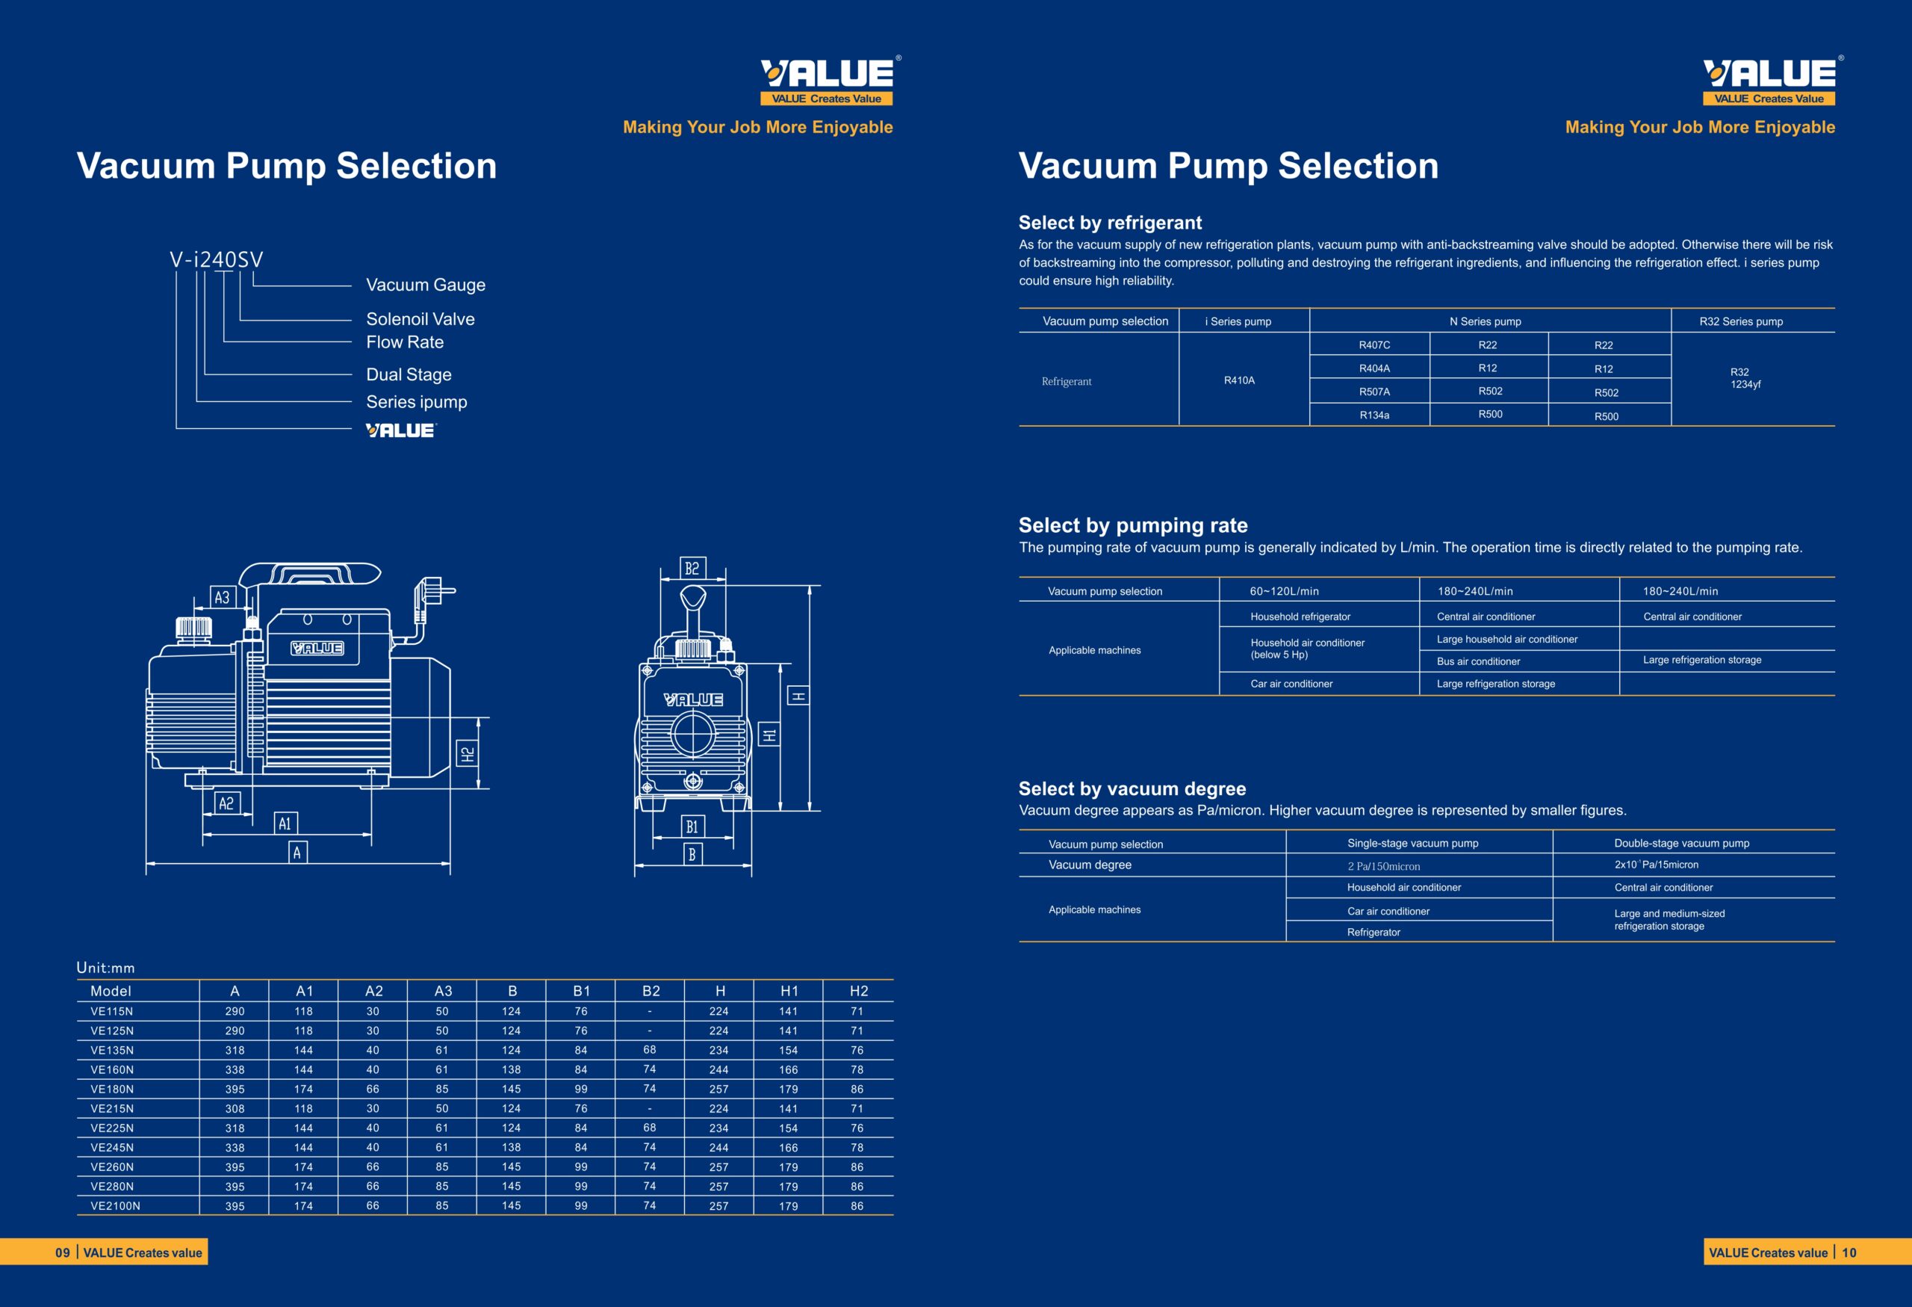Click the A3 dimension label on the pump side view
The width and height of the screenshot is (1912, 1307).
(x=222, y=598)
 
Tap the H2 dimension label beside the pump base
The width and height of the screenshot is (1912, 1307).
(x=468, y=753)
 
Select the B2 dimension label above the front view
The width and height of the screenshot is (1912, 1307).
(x=692, y=568)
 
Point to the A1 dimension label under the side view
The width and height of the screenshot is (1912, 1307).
(x=285, y=824)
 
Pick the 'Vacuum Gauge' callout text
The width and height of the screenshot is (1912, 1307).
(x=426, y=285)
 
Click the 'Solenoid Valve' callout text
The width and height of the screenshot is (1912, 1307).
(x=420, y=319)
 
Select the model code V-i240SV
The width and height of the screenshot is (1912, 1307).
(x=217, y=260)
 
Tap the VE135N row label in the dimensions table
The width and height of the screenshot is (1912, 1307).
(x=112, y=1050)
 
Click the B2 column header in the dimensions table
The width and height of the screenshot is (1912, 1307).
(x=651, y=991)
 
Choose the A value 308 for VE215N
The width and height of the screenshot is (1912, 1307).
(x=235, y=1109)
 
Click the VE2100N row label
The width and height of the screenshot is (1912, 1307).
(x=115, y=1206)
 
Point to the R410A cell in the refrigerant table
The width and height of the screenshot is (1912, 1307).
(x=1239, y=380)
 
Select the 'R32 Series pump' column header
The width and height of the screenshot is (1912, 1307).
(x=1741, y=321)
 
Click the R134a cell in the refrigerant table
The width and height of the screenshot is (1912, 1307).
(x=1374, y=415)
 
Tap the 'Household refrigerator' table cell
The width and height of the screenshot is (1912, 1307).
(x=1300, y=617)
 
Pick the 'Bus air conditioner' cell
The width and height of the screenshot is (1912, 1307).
(x=1477, y=662)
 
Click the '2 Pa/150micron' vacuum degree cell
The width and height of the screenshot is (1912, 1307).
(x=1383, y=866)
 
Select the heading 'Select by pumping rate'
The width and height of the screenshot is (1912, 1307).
(x=1133, y=525)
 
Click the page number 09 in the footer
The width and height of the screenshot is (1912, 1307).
(x=63, y=1252)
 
